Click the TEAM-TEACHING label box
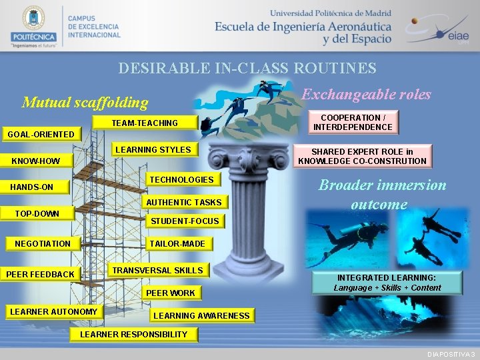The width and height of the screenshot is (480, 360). pyautogui.click(x=145, y=123)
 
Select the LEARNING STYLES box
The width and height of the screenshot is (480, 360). pyautogui.click(x=153, y=150)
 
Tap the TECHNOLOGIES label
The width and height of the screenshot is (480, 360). pyautogui.click(x=181, y=180)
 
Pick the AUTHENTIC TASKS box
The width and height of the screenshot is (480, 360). pyautogui.click(x=183, y=202)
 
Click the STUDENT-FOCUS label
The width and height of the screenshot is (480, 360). pyautogui.click(x=185, y=221)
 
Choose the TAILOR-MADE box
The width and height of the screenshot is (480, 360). pyautogui.click(x=177, y=243)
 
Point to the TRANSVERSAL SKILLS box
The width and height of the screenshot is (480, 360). pyautogui.click(x=157, y=270)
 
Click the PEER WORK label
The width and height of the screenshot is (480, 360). pyautogui.click(x=171, y=293)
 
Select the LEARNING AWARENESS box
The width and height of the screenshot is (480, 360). pyautogui.click(x=201, y=315)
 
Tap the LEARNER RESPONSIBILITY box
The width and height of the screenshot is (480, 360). pyautogui.click(x=134, y=334)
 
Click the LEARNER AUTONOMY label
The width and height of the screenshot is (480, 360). pyautogui.click(x=53, y=311)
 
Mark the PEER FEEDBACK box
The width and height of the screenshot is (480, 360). pyautogui.click(x=41, y=274)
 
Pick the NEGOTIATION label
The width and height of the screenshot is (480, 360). pyautogui.click(x=43, y=243)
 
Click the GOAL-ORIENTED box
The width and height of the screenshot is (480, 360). pyautogui.click(x=41, y=134)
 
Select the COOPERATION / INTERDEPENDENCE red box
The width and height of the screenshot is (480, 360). pyautogui.click(x=353, y=123)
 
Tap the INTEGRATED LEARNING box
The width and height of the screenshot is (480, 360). pyautogui.click(x=387, y=282)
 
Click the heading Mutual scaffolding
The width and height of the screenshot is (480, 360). pyautogui.click(x=85, y=102)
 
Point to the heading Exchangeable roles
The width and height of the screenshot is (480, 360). pyautogui.click(x=366, y=94)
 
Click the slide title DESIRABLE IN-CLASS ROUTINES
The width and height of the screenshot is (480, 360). pyautogui.click(x=247, y=68)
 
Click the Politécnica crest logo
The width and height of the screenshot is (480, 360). pyautogui.click(x=33, y=22)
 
